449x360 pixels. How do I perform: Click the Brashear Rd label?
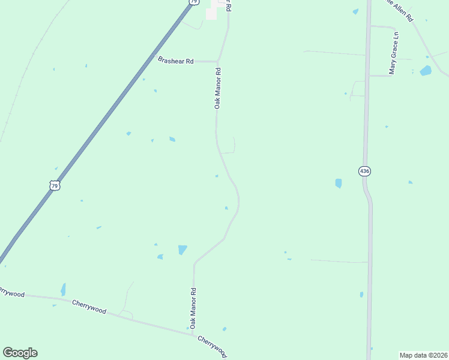176,61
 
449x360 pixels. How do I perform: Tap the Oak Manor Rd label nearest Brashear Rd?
218,88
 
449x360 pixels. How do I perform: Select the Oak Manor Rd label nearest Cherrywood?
193,307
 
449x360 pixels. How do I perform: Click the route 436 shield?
365,172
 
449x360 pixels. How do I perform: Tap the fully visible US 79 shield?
55,186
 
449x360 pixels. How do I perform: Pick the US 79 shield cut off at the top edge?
193,2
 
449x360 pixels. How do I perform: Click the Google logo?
20,353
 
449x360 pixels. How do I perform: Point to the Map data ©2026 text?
423,355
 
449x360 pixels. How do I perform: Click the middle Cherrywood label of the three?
89,307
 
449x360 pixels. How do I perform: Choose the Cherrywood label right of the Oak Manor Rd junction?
212,346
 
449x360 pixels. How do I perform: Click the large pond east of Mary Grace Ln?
426,71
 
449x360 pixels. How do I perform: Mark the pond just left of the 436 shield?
339,183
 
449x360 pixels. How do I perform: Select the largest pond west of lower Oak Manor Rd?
182,250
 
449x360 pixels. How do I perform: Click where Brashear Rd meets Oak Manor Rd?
217,61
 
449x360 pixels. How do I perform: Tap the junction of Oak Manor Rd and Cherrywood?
193,334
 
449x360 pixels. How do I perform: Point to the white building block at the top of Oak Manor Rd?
211,13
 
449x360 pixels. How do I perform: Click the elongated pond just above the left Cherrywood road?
63,289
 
